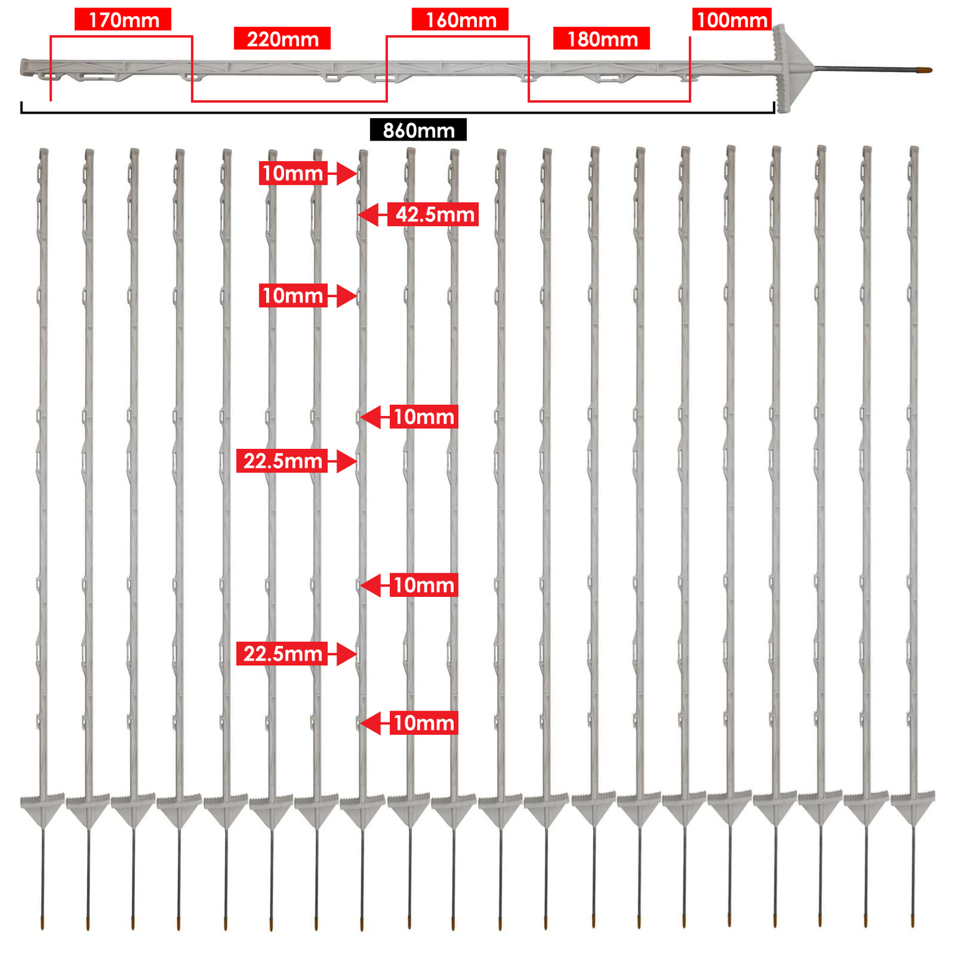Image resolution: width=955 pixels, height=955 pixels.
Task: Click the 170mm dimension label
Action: click(123, 20)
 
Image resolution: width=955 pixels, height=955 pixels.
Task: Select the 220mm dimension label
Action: click(282, 39)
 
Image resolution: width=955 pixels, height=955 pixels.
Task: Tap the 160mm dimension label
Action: click(460, 20)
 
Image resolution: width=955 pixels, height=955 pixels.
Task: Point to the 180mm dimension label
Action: click(602, 39)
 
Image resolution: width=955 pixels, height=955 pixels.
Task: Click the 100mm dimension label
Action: click(732, 19)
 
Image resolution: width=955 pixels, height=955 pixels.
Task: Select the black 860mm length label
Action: click(418, 130)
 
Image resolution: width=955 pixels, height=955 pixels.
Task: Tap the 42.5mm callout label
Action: click(433, 215)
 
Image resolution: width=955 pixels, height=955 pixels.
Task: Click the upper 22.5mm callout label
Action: click(282, 461)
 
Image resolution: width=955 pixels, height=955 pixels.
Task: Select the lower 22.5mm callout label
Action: click(282, 654)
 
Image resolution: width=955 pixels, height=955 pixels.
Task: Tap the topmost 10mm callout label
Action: click(293, 173)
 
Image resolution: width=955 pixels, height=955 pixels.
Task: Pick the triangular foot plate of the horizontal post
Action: click(792, 68)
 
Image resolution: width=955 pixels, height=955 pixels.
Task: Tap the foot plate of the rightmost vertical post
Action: click(913, 807)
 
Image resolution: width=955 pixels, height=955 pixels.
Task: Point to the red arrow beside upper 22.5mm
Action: click(343, 461)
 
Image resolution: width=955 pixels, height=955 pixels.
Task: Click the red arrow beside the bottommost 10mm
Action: click(375, 723)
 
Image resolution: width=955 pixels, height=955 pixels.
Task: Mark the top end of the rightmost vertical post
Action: click(913, 148)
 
